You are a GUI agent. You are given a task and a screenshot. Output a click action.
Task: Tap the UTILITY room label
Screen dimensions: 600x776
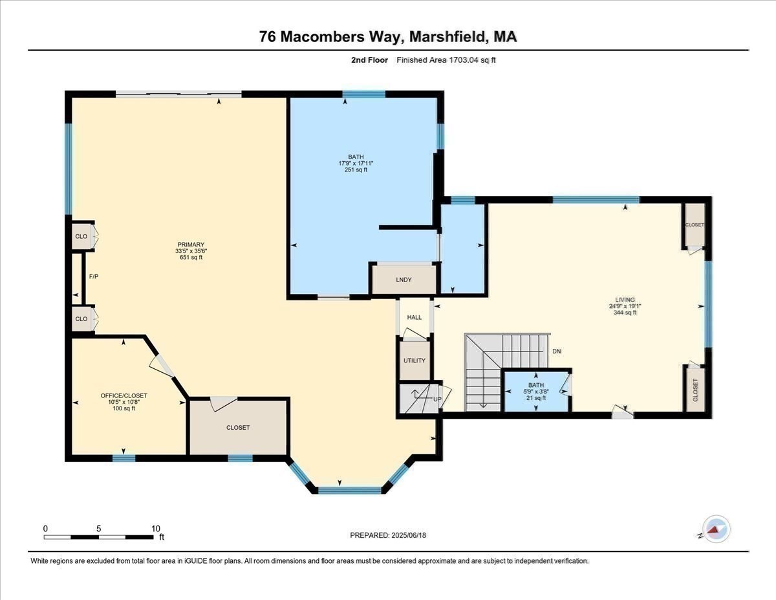pos(414,361)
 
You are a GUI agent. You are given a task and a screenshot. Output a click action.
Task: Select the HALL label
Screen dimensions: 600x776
pos(415,317)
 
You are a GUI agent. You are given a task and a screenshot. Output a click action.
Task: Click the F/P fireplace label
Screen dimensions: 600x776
pos(93,277)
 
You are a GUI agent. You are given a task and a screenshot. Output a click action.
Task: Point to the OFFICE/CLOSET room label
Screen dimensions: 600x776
pos(124,395)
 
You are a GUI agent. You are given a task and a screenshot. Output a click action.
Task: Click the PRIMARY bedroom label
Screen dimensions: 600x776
pos(189,244)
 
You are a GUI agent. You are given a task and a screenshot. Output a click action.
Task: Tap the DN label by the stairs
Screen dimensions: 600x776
pos(556,351)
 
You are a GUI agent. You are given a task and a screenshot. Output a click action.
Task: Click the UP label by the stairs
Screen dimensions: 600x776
pos(437,399)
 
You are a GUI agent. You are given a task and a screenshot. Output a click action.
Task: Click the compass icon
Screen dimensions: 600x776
pos(716,529)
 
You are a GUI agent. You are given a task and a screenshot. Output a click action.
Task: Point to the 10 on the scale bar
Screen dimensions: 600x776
pos(155,528)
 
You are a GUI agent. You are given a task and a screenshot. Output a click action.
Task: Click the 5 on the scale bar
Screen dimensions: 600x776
pos(99,528)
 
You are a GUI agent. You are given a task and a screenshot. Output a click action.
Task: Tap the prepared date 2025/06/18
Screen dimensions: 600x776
pos(410,535)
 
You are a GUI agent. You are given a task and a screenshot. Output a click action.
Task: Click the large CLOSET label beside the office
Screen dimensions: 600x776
pos(238,427)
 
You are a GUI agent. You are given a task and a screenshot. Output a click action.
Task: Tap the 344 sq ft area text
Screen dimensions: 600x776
pos(625,313)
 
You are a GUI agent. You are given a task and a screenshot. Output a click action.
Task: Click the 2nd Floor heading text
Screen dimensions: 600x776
pos(366,60)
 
